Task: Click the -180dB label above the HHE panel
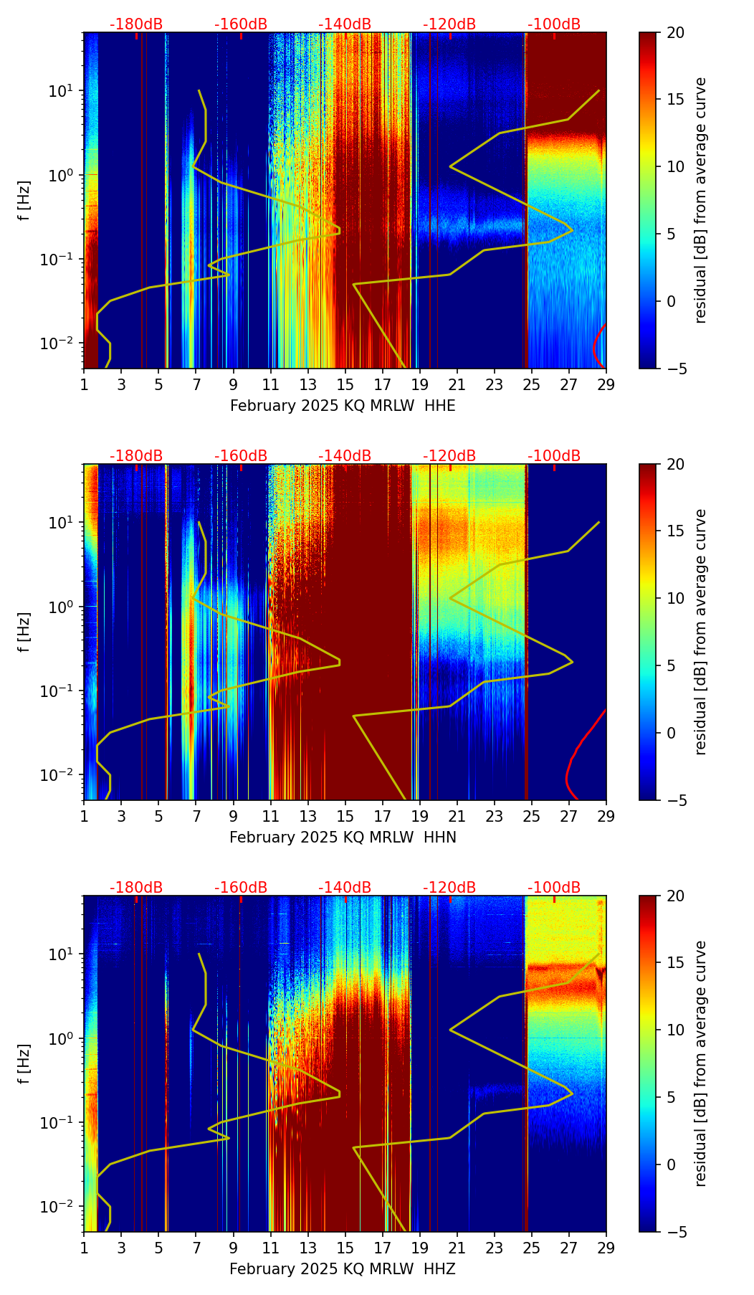pyautogui.click(x=136, y=24)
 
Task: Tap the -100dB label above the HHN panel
pyautogui.click(x=554, y=456)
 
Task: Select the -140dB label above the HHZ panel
pyautogui.click(x=345, y=888)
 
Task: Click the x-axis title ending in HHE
pyautogui.click(x=343, y=406)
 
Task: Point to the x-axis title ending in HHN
pyautogui.click(x=343, y=838)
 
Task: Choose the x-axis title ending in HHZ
pyautogui.click(x=343, y=1269)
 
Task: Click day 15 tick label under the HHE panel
pyautogui.click(x=345, y=384)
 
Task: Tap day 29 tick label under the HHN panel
pyautogui.click(x=606, y=816)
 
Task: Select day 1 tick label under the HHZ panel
pyautogui.click(x=84, y=1248)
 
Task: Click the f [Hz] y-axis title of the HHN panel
pyautogui.click(x=24, y=632)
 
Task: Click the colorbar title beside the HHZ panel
pyautogui.click(x=700, y=1063)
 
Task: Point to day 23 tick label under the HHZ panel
pyautogui.click(x=494, y=1248)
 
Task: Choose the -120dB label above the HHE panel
pyautogui.click(x=449, y=24)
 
